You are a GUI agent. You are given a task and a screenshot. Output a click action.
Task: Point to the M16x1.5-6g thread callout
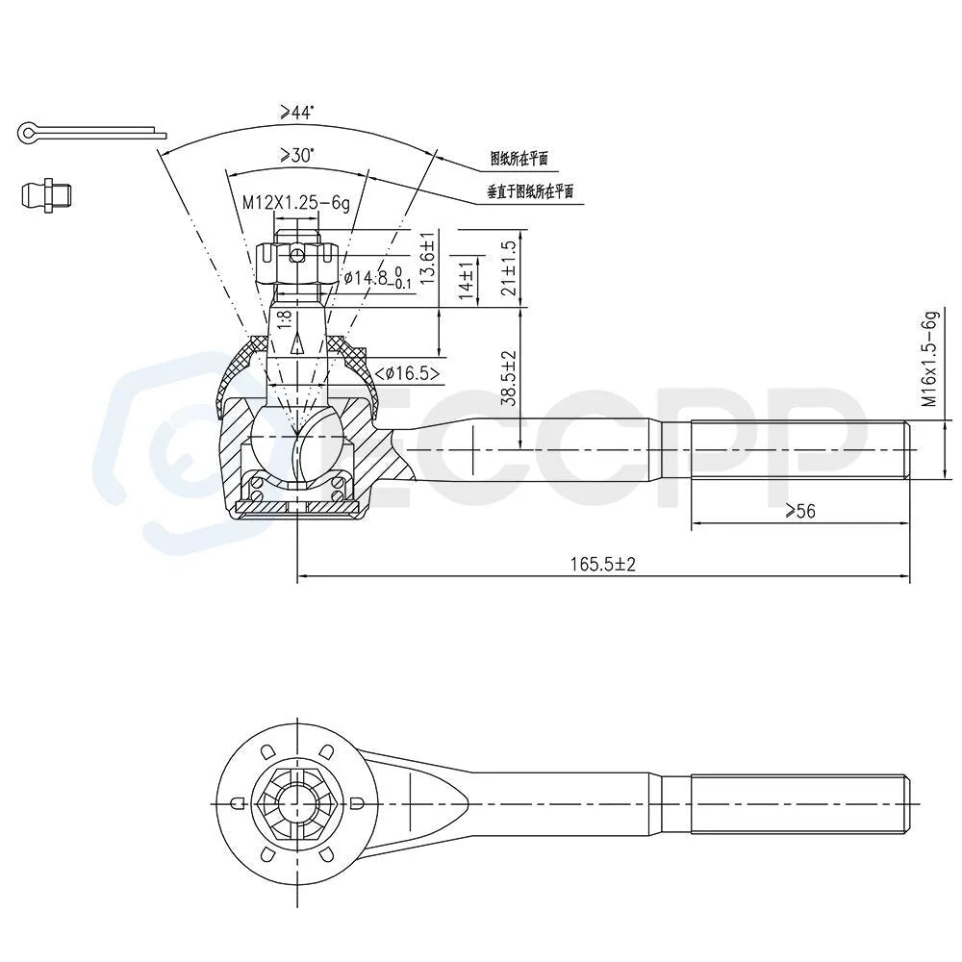pos(930,360)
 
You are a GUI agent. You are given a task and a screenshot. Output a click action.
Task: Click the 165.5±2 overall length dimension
pos(603,564)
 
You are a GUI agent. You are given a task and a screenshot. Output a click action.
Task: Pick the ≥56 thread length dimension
pos(800,511)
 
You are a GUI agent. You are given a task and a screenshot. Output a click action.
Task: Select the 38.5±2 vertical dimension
pos(509,378)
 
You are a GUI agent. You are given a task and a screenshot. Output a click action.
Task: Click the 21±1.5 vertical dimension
pos(509,267)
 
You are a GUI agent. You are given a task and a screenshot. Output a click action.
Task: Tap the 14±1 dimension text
pos(468,280)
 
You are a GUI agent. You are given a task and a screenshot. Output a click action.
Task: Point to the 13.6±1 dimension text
pos(428,258)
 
